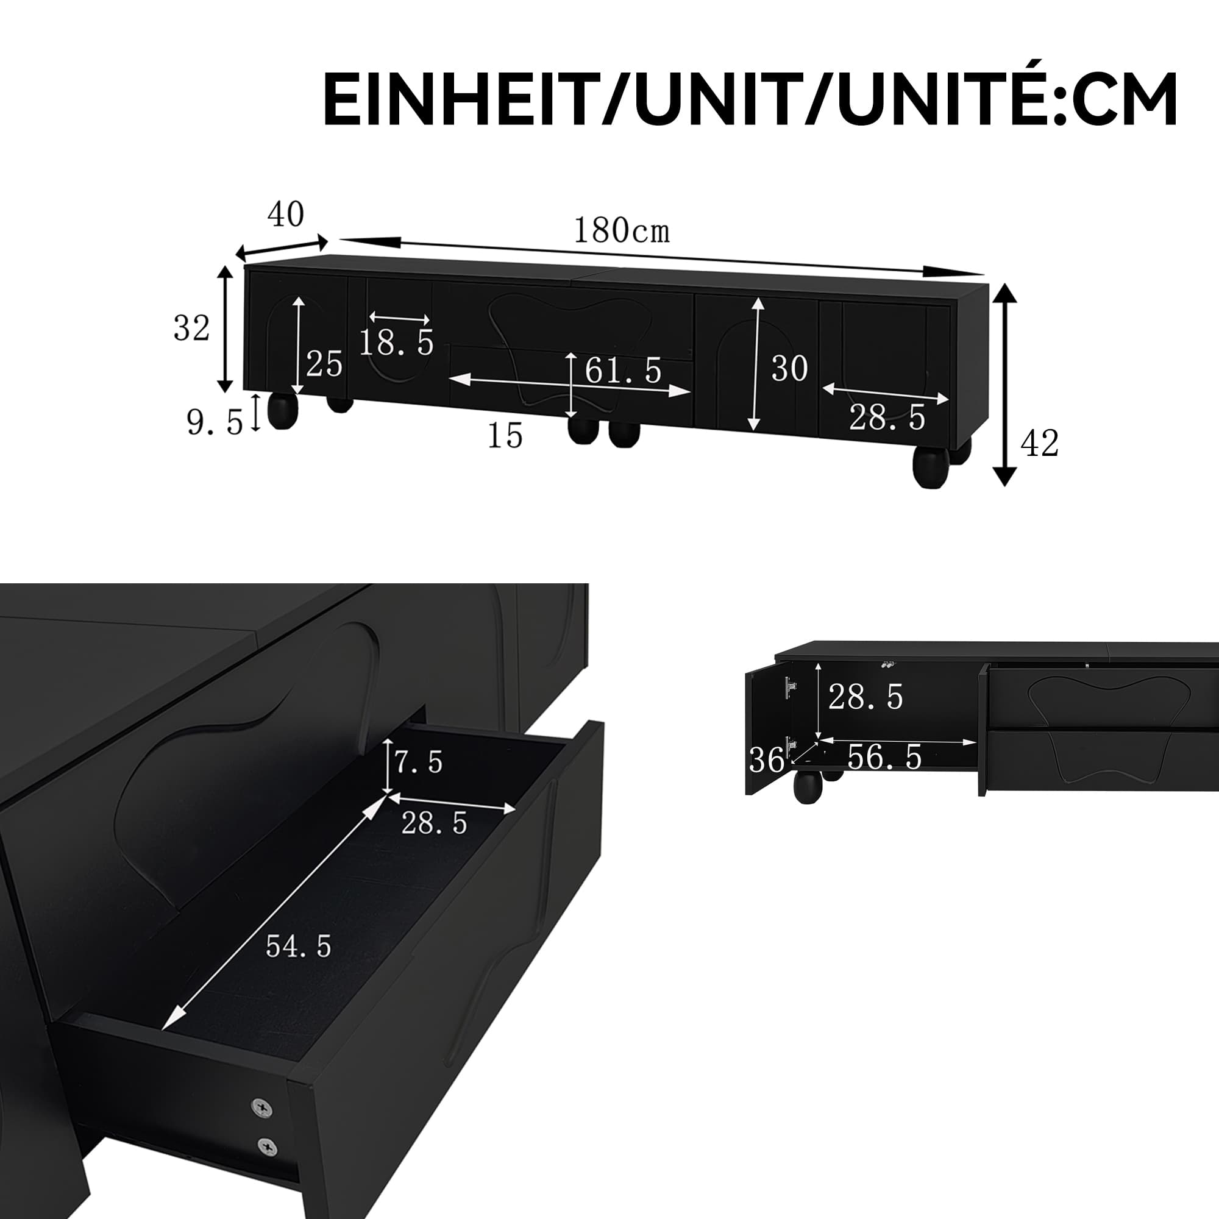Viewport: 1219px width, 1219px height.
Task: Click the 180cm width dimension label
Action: click(621, 231)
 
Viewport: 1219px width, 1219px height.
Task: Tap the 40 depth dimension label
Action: click(286, 215)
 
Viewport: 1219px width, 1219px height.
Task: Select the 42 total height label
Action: click(1039, 444)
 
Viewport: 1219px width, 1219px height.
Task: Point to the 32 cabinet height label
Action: click(191, 329)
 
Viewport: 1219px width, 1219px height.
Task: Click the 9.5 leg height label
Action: click(215, 422)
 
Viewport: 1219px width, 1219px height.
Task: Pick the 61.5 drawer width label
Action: click(623, 371)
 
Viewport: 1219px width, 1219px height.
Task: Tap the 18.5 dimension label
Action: click(396, 344)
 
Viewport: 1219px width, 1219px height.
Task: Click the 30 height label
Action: click(789, 369)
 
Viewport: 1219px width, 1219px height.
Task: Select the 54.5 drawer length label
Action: click(299, 947)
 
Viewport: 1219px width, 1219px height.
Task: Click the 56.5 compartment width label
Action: click(884, 757)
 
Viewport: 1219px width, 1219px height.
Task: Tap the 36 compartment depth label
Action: click(766, 759)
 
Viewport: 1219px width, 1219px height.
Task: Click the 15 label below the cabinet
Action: click(505, 436)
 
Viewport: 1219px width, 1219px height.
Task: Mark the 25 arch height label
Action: click(324, 364)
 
